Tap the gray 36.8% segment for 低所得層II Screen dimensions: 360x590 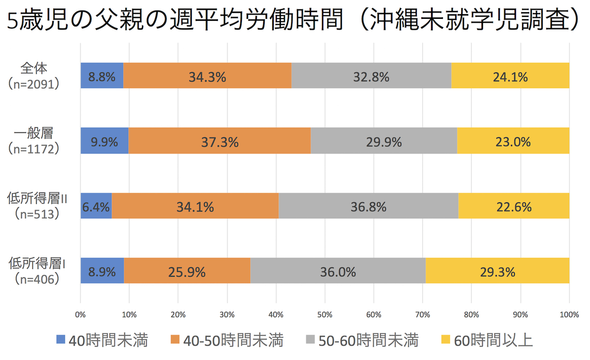click(368, 206)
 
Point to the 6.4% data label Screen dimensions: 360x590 click(96, 207)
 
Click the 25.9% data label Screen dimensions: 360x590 click(187, 272)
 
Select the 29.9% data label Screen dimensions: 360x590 click(384, 142)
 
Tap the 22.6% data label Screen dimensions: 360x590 click(514, 207)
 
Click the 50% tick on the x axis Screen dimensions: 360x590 click(324, 315)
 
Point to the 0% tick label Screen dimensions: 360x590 click(81, 315)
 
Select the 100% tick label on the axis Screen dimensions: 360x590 click(569, 315)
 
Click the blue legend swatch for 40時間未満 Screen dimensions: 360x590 click(61, 340)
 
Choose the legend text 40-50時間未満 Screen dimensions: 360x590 click(233, 341)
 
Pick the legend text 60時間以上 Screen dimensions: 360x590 click(493, 341)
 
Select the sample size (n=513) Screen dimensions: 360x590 click(37, 214)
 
